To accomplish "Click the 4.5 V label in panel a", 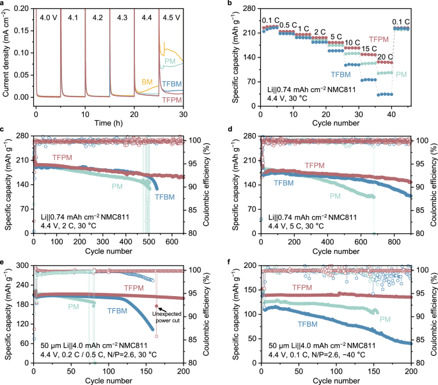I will click(x=171, y=17).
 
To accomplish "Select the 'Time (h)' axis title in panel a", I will click(x=110, y=122).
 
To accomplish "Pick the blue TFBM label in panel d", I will click(x=286, y=183).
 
